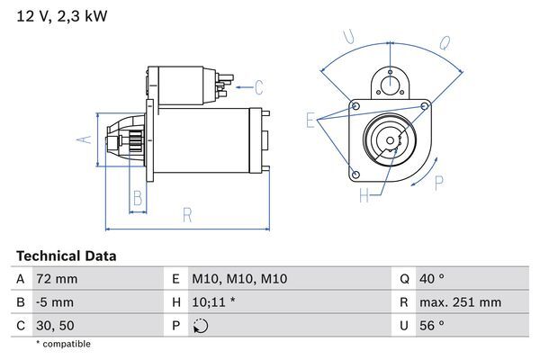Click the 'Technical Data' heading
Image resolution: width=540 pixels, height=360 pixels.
66,256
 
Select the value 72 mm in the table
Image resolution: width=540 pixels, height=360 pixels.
55,280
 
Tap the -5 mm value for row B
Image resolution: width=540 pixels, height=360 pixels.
54,302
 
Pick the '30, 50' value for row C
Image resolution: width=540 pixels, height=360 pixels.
56,325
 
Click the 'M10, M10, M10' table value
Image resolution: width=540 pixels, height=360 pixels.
239,280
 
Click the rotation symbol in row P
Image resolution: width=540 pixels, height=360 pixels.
200,325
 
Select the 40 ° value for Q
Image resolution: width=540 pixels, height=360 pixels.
435,280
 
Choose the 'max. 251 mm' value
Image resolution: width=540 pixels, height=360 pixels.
461,302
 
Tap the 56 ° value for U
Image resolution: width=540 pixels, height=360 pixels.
435,325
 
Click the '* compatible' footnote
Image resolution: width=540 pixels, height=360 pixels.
63,344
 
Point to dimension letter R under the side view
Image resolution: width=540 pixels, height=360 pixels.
186,215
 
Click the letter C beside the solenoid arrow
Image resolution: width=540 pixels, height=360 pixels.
258,87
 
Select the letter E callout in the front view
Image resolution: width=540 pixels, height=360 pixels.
310,120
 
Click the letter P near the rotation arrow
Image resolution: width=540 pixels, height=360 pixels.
439,183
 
